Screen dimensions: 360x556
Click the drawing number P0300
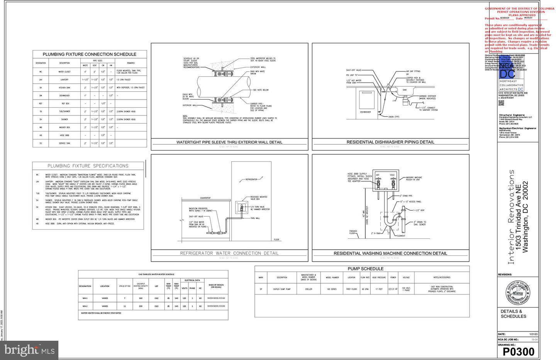point(518,352)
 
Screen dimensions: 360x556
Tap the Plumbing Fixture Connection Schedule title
point(89,54)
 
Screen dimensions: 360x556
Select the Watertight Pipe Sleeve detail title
point(229,142)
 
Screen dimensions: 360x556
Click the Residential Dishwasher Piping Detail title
point(390,142)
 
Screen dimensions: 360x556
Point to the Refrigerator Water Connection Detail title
point(229,253)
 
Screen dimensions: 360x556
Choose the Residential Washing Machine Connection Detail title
point(390,254)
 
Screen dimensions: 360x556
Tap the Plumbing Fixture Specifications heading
point(88,166)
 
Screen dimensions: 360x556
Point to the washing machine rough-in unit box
point(385,180)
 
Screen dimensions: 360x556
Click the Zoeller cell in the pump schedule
point(309,289)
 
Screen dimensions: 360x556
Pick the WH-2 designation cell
point(85,306)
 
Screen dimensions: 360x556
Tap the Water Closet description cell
point(64,72)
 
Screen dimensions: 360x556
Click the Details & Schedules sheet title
point(513,314)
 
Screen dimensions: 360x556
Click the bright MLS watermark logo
point(29,350)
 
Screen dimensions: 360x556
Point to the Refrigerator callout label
point(251,179)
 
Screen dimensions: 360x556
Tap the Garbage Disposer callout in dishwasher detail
point(427,97)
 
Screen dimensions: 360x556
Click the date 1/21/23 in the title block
point(533,334)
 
